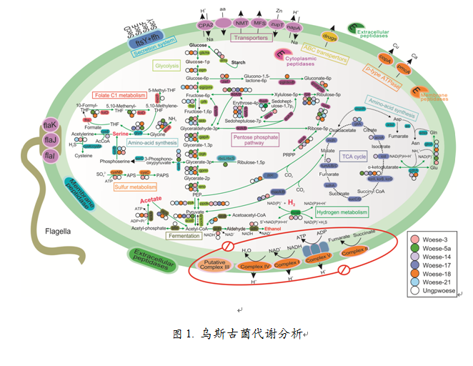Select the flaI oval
tap(51, 155)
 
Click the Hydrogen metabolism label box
tap(341, 212)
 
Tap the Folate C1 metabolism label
tap(119, 95)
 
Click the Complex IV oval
tap(256, 266)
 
